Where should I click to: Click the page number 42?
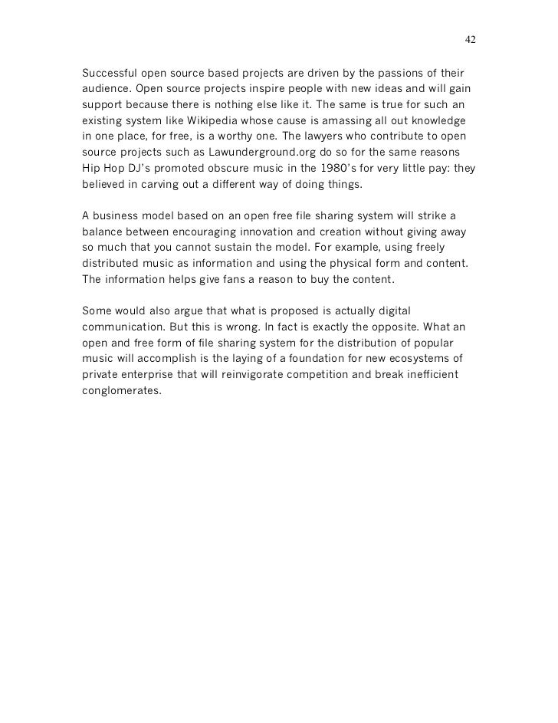pyautogui.click(x=471, y=40)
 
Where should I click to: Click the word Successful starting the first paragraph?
pyautogui.click(x=108, y=74)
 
